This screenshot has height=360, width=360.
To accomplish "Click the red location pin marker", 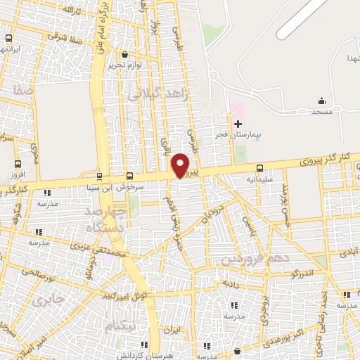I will tap(181, 165).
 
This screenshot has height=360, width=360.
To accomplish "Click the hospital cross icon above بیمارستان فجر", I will tap(237, 124).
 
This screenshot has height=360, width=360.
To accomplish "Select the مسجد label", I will tap(322, 111).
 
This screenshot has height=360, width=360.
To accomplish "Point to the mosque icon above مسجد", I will tap(322, 101).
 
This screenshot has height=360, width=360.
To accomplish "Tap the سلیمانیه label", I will tap(260, 179).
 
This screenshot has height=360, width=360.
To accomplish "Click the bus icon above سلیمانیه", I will tap(260, 168).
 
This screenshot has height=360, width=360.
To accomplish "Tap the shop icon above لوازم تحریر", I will tap(124, 54).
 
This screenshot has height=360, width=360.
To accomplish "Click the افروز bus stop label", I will tap(18, 173).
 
